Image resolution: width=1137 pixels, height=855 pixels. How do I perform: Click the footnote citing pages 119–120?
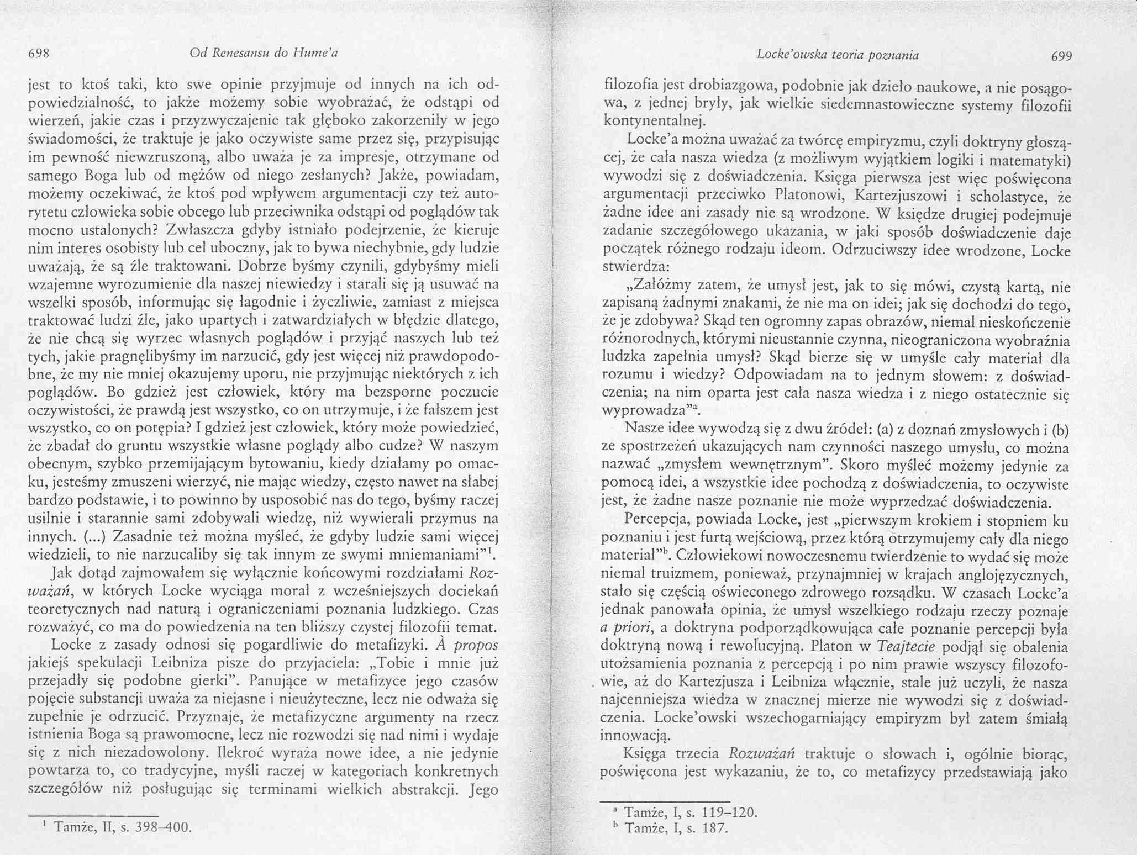tap(689, 812)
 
